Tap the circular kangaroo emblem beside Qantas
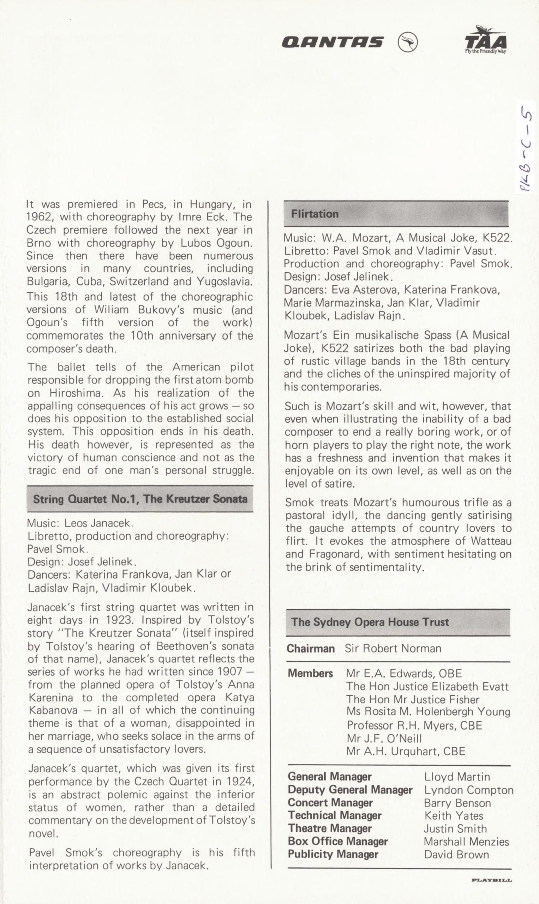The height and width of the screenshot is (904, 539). [x=408, y=42]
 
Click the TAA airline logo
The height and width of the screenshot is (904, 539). [x=486, y=40]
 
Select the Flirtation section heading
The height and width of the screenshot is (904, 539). [x=315, y=214]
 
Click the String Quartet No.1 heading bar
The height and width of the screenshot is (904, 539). [x=140, y=499]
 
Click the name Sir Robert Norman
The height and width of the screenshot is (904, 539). [x=393, y=649]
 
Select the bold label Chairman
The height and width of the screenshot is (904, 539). [x=311, y=649]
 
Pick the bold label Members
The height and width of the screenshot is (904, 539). [x=310, y=673]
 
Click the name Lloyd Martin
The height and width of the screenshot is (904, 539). [x=457, y=777]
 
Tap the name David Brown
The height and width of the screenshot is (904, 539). [x=456, y=854]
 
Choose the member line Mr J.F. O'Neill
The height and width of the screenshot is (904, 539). [x=384, y=738]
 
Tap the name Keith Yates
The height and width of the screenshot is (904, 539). [x=454, y=816]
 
